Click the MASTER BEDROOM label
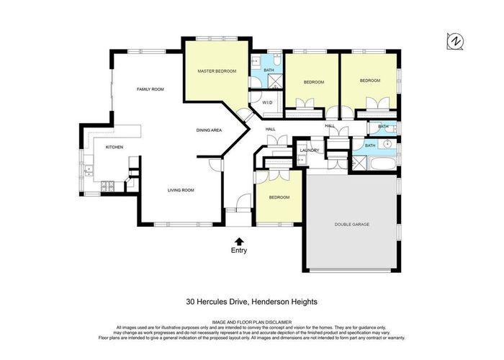tap(217, 71)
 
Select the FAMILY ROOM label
tap(151, 89)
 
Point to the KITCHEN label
tap(114, 147)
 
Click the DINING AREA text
tap(208, 130)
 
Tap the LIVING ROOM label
tap(181, 190)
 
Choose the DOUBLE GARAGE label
tap(351, 225)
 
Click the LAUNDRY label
tap(310, 150)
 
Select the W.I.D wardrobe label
tap(267, 102)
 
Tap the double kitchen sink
tap(89, 170)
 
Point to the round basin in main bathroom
tap(387, 144)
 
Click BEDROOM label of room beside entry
tap(279, 197)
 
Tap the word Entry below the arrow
tap(238, 251)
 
